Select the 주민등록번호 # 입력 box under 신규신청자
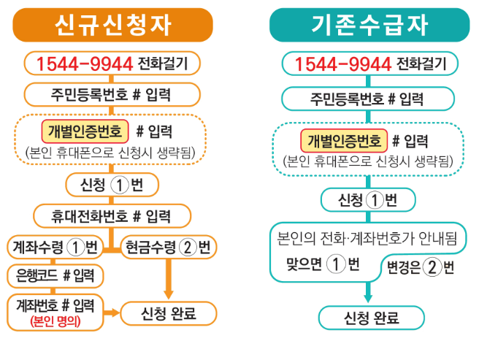[x=112, y=94]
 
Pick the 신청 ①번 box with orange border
[x=112, y=185]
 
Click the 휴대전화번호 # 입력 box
[x=112, y=216]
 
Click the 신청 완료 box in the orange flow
[x=169, y=313]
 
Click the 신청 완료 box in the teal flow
[x=370, y=318]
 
